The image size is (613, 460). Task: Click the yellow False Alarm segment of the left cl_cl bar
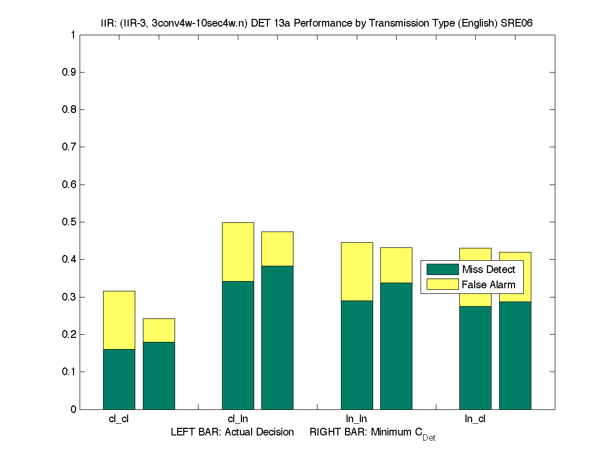tap(119, 320)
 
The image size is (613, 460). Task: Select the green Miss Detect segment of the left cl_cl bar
tap(119, 379)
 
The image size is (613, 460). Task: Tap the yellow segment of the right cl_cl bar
tap(159, 330)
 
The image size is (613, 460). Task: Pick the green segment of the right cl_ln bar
tap(277, 337)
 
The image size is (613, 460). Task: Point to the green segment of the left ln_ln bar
tap(357, 355)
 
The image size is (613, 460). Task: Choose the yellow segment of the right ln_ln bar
tap(396, 265)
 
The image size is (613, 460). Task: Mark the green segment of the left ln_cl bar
tap(475, 358)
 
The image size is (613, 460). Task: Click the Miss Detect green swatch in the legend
tap(443, 269)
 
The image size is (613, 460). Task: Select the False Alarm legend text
tap(488, 285)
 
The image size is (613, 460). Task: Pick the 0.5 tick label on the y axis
tap(69, 222)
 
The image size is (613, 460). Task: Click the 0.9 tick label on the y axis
tap(69, 72)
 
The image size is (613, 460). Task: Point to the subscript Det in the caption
tap(429, 438)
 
